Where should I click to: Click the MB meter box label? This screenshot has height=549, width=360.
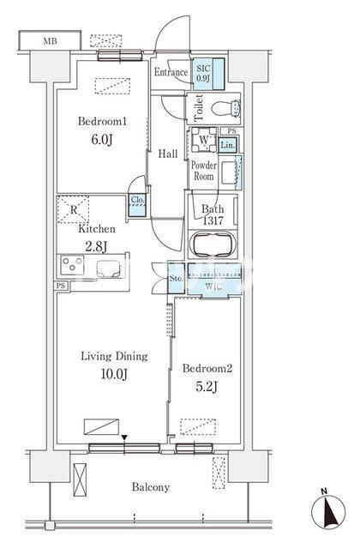50,41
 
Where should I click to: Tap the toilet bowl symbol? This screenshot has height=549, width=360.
226,108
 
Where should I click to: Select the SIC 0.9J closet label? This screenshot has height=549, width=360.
203,73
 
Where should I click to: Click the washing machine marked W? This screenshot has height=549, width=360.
203,139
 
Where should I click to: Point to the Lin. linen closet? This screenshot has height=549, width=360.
228,145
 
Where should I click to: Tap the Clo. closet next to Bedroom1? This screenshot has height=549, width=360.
137,205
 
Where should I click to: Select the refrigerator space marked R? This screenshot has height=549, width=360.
74,209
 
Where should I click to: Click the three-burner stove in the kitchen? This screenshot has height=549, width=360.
72,265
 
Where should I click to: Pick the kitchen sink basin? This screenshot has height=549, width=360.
109,269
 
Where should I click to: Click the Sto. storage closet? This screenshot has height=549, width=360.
176,278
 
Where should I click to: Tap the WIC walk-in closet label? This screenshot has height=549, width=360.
213,287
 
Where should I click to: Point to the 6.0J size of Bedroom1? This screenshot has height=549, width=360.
102,140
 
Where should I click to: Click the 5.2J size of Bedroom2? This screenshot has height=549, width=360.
207,386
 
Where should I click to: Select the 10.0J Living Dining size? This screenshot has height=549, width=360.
114,374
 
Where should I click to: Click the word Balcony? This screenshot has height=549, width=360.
151,487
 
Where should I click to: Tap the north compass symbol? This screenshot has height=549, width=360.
328,511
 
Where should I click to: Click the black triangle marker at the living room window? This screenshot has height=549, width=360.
124,437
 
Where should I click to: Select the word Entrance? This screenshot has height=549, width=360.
171,72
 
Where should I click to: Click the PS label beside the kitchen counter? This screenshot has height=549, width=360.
61,286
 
